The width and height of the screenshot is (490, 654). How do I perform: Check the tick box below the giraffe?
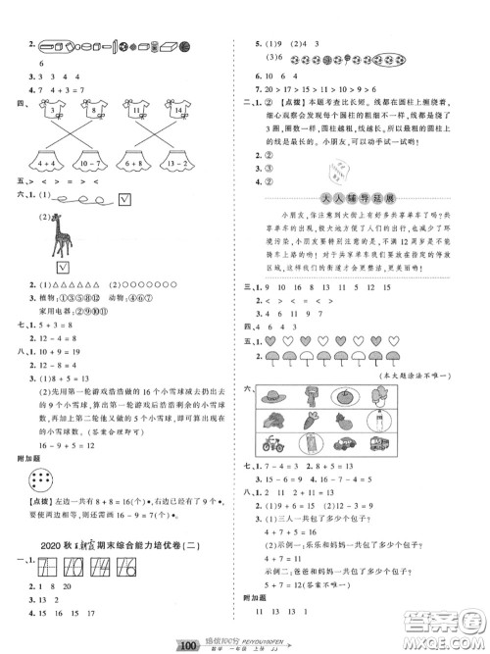[x=62, y=267]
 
